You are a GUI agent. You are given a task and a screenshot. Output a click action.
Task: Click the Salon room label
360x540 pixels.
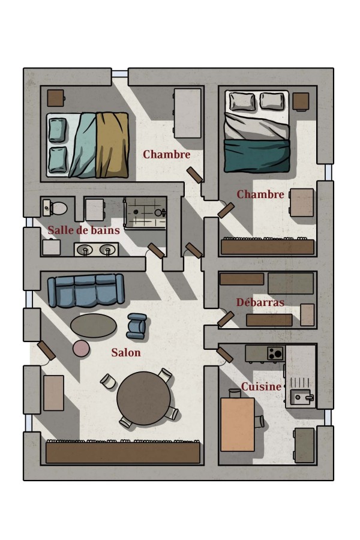coord(126,352)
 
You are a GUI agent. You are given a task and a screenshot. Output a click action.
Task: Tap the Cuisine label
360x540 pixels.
coord(261,387)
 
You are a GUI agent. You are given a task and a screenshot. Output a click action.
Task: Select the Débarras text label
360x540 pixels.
coord(260,302)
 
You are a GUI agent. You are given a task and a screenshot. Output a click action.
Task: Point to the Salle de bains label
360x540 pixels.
coord(84,230)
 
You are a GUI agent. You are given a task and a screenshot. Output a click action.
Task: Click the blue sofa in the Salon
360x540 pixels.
coord(86,290)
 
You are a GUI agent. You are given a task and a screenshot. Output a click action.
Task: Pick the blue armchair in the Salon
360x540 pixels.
coord(136,326)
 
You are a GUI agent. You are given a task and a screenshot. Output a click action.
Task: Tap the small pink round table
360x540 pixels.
coord(82,349)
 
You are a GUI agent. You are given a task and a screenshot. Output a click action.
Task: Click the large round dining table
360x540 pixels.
coord(143,398)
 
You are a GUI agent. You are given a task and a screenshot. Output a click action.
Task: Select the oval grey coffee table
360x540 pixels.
coord(94,325)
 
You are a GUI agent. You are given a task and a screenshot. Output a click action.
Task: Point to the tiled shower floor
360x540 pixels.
coord(145,213)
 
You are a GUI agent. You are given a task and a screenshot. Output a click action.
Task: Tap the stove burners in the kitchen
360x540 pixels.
coord(275,353)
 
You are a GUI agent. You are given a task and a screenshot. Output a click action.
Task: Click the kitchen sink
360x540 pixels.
coord(301,397)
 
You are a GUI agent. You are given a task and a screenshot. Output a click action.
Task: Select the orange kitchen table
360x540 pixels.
coord(238,424)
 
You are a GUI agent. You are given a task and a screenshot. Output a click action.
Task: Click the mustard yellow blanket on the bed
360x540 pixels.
coord(112,145)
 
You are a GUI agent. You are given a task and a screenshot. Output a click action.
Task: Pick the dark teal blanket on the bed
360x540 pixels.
coord(256,155)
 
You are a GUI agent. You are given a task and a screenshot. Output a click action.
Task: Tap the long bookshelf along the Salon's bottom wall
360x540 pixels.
coord(122,452)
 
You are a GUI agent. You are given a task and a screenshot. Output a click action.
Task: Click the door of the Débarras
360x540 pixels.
coord(226,319)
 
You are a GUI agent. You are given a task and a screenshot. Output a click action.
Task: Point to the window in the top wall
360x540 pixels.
coord(119,74)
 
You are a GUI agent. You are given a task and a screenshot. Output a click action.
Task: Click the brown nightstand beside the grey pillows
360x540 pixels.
coord(301,101)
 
